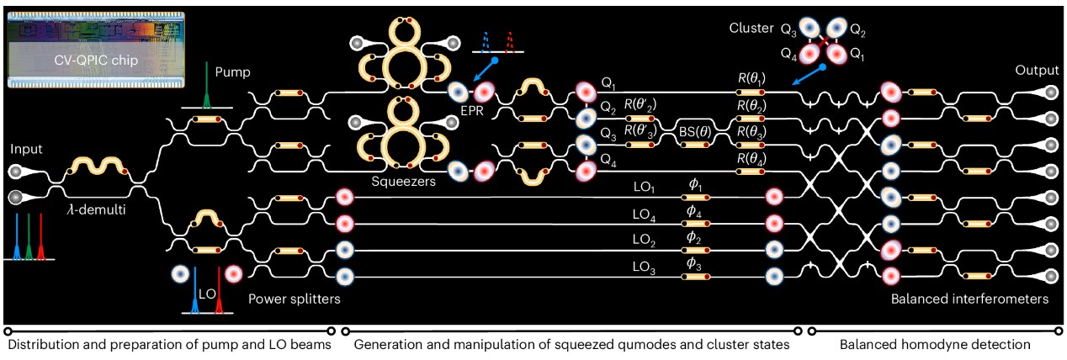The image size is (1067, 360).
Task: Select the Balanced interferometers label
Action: click(x=970, y=299)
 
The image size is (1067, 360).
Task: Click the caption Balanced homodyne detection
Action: click(x=935, y=345)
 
